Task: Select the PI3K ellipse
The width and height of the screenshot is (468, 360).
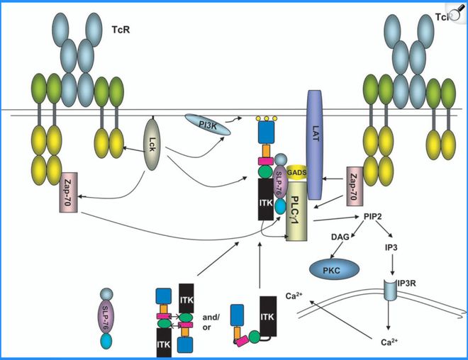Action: [x=206, y=125]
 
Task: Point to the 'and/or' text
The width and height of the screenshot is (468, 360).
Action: [x=211, y=314]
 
